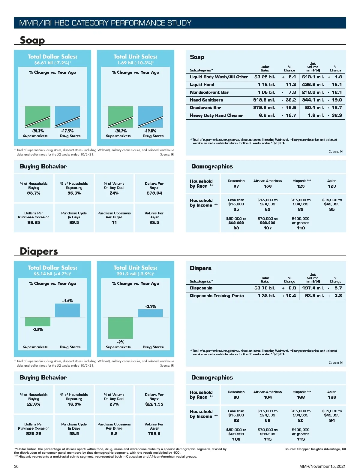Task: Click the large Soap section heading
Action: point(32,40)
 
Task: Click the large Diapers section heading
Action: point(39,251)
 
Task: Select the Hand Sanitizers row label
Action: point(206,100)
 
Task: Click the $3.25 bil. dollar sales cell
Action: point(265,77)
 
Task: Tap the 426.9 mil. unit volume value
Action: point(313,85)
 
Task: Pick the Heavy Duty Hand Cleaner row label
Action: point(216,115)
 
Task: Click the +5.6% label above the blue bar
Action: point(67,301)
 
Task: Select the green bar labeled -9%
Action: point(121,328)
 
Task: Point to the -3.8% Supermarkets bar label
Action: point(37,330)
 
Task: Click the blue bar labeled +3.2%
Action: point(150,313)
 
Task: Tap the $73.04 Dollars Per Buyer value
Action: point(154,193)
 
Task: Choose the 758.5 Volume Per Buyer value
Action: point(154,434)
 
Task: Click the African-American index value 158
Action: point(268,186)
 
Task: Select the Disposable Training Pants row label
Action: point(217,296)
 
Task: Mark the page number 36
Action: point(16,466)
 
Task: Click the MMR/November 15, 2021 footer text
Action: point(322,466)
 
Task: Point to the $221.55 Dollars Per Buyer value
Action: point(154,404)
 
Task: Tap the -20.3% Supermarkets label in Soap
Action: point(37,131)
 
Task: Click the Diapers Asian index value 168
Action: point(332,397)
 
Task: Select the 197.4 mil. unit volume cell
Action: point(313,288)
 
